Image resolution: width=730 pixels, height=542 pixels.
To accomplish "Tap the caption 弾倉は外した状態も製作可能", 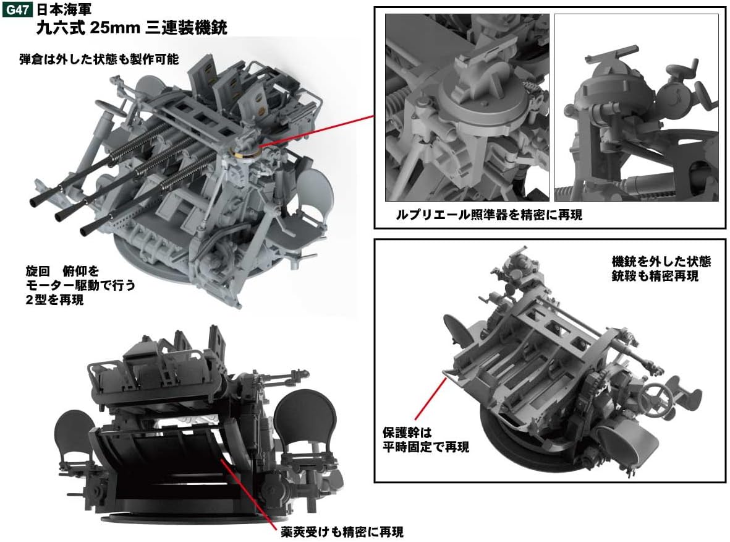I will click(99, 59).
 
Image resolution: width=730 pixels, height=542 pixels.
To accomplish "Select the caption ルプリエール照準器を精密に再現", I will click(489, 215).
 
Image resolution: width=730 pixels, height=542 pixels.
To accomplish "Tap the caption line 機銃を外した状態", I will click(660, 262).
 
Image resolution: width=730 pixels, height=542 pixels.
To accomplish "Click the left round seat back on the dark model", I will click(74, 431).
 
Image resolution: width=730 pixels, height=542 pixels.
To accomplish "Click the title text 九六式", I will click(58, 28).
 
